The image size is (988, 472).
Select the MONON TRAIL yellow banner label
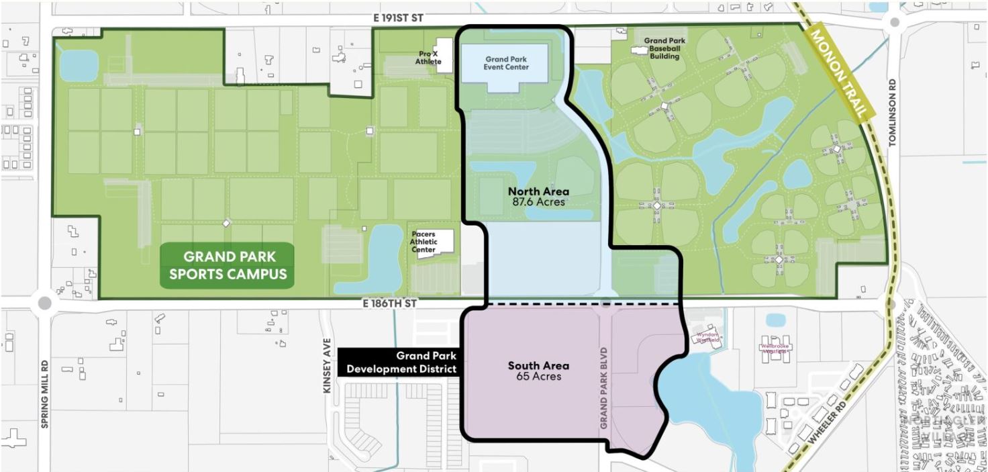(836, 74)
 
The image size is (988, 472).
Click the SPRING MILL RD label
(45, 387)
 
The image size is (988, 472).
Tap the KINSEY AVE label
(329, 367)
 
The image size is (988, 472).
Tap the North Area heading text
(538, 192)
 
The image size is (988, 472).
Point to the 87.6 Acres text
(538, 201)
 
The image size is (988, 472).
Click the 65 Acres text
(538, 377)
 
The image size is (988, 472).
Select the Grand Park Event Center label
(507, 63)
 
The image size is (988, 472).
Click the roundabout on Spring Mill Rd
(45, 303)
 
